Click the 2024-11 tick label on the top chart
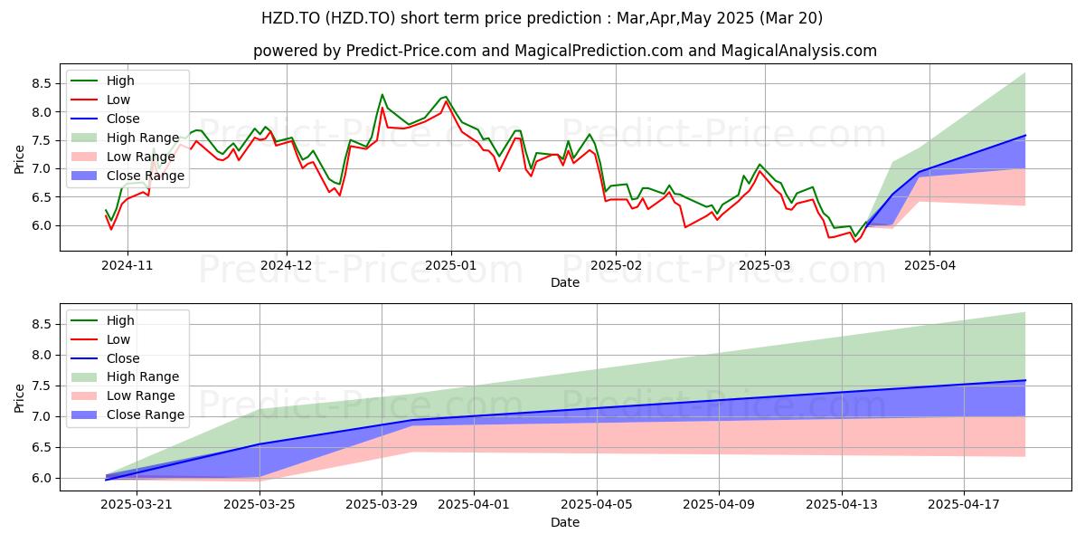127,266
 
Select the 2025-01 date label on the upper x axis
451,266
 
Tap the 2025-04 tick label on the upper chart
930,266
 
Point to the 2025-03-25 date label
259,505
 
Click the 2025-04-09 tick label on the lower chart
719,505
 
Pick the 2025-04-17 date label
964,505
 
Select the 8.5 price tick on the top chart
42,83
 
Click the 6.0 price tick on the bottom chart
42,479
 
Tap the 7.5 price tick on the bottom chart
42,386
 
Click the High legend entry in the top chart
102,81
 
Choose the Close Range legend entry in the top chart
127,176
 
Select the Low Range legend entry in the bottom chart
123,395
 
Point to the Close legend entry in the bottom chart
105,358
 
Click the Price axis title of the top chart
19,159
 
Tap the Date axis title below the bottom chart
565,522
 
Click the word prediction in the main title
564,18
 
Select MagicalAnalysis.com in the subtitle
798,51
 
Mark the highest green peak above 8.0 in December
382,94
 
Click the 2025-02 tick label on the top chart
616,266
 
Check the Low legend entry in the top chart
100,100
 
